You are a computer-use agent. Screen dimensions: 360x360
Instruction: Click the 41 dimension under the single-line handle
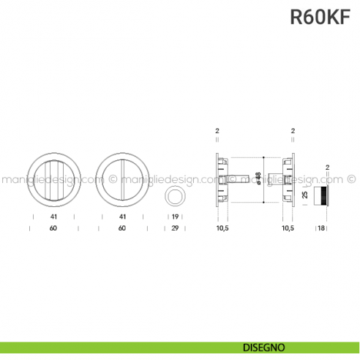(121, 217)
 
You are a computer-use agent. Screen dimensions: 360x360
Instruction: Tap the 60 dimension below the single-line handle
(121, 229)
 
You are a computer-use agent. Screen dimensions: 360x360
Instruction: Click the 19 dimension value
(176, 217)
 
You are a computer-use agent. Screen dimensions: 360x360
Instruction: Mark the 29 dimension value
(176, 229)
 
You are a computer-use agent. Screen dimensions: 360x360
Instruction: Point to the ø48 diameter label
(257, 179)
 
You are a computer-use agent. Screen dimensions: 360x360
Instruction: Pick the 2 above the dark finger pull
(328, 168)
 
